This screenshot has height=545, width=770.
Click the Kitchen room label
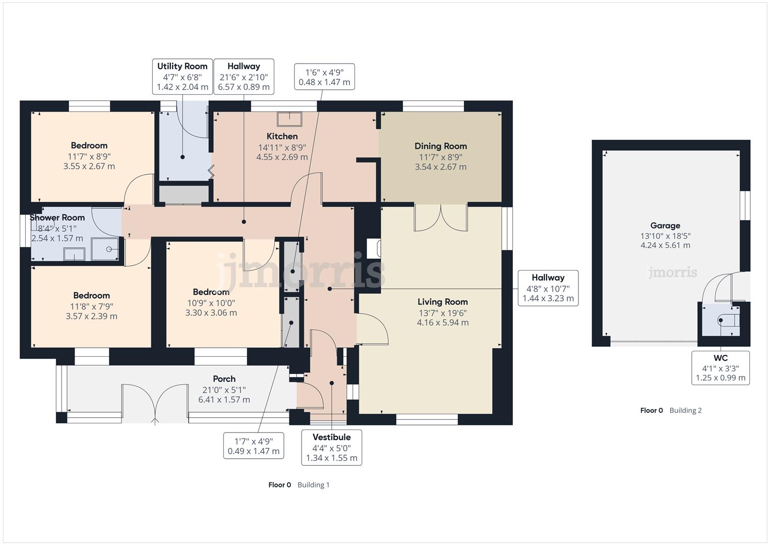(x=282, y=136)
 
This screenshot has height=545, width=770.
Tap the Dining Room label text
(x=441, y=146)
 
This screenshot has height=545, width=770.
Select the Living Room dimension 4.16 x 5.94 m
(x=443, y=322)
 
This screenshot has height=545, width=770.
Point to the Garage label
(x=665, y=226)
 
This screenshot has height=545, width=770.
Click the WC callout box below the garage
(x=721, y=368)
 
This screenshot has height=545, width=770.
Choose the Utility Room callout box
(x=183, y=76)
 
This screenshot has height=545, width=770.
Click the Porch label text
(x=224, y=379)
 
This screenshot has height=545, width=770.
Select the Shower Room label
(x=57, y=217)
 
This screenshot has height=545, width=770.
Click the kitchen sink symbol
(x=289, y=119)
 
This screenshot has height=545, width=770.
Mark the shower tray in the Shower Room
(x=105, y=249)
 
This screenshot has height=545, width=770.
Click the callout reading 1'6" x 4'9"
(x=324, y=77)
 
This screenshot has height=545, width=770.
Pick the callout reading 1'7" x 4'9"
(x=254, y=446)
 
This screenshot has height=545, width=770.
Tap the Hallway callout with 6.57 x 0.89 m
(x=244, y=76)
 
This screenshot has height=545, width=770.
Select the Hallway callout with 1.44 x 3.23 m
(x=548, y=288)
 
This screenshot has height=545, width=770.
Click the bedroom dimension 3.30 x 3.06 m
(x=211, y=313)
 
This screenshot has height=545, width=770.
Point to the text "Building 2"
(x=685, y=410)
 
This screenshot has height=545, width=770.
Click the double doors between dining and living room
(x=441, y=218)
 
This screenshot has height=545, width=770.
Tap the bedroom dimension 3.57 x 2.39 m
(x=91, y=316)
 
